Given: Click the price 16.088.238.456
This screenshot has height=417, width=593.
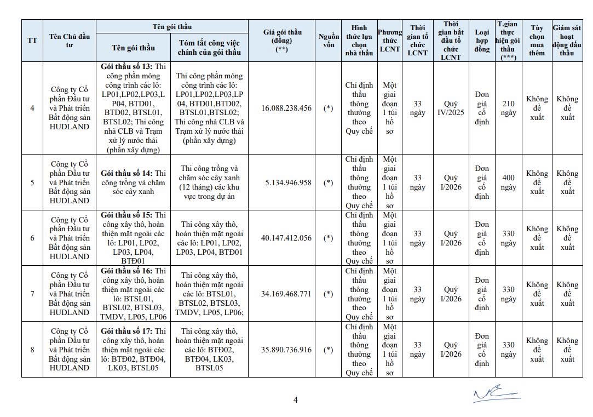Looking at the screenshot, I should pyautogui.click(x=286, y=108).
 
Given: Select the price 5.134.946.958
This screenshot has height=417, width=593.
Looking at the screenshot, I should pyautogui.click(x=286, y=182).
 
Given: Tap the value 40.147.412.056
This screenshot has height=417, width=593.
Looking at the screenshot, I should pyautogui.click(x=286, y=238).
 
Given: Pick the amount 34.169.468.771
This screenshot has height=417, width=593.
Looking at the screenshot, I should pyautogui.click(x=286, y=294).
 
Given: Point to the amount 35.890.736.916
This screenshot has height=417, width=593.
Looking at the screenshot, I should pyautogui.click(x=286, y=350).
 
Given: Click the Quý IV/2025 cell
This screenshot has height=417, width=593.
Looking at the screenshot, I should pyautogui.click(x=451, y=108).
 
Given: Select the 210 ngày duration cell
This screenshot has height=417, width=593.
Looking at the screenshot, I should pyautogui.click(x=508, y=108).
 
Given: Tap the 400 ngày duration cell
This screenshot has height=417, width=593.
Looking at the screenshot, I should pyautogui.click(x=508, y=182).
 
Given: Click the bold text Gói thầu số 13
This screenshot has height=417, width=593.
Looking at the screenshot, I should pyautogui.click(x=123, y=66).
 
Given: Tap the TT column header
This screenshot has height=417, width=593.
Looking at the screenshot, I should pyautogui.click(x=32, y=41).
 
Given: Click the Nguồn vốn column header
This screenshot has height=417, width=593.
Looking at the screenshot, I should pyautogui.click(x=328, y=41).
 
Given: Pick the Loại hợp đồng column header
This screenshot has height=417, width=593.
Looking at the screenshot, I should pyautogui.click(x=482, y=41).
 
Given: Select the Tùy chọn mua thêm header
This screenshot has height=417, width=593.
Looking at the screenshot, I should pyautogui.click(x=537, y=41).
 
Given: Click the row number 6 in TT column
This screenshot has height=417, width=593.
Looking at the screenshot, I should pyautogui.click(x=32, y=238).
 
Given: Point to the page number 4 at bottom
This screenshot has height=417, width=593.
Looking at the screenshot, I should pyautogui.click(x=296, y=399).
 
